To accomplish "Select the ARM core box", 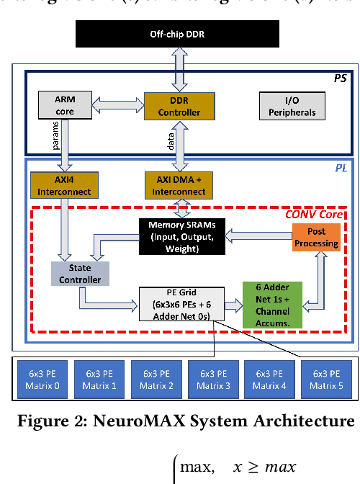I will tap(64, 105).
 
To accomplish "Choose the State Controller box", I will tap(80, 272).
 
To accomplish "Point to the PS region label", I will tap(341, 77).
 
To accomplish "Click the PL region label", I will tap(341, 167).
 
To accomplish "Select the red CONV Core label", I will tap(314, 214).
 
